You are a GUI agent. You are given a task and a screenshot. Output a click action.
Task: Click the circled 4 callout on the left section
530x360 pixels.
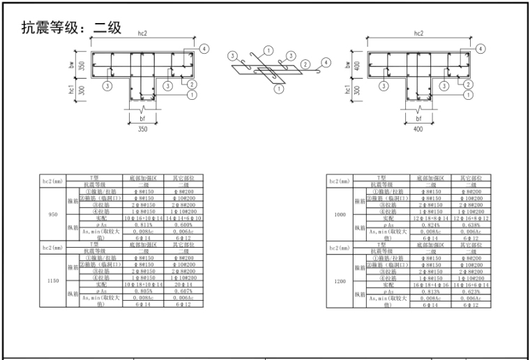click(x=204, y=49)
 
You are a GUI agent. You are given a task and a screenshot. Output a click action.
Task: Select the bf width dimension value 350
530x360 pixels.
click(x=142, y=129)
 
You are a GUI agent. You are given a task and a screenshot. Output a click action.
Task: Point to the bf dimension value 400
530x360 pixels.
click(x=418, y=129)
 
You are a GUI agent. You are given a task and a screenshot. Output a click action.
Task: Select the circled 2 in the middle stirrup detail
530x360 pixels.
click(x=304, y=63)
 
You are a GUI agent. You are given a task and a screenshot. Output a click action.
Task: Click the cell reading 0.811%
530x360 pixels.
click(x=142, y=225)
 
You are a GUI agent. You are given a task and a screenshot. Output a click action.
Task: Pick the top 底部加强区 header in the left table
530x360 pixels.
click(x=142, y=179)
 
